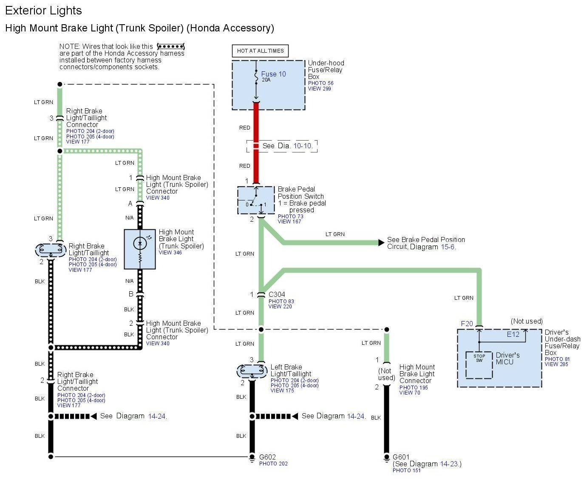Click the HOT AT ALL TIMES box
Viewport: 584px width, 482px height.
coord(260,51)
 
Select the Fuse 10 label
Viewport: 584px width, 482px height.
coord(273,74)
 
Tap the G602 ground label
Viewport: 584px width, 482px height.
coord(267,457)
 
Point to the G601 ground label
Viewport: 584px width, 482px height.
coord(401,457)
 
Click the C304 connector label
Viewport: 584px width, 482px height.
coord(277,294)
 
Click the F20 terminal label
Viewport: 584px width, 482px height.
coord(467,324)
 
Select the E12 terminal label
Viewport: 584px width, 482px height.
coord(513,334)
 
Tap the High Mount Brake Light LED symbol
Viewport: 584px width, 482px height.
coord(139,243)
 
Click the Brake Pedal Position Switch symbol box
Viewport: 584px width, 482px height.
coord(256,200)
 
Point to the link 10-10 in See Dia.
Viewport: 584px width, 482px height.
coord(303,146)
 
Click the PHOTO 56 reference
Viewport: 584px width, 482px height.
coord(320,83)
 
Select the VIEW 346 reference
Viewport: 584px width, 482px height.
coord(170,253)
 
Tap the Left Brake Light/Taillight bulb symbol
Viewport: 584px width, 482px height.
coord(252,371)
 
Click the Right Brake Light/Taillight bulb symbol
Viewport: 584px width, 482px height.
coord(50,250)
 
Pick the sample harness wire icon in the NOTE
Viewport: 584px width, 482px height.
coord(170,46)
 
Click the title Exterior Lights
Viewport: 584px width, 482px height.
coord(43,11)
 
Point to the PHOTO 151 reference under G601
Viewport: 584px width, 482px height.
coord(406,470)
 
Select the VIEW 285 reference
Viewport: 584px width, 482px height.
coord(556,364)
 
